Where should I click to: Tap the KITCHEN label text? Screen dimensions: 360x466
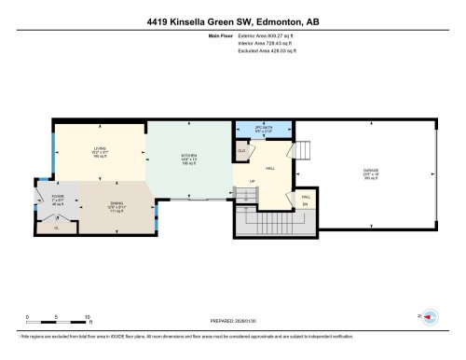click(188, 155)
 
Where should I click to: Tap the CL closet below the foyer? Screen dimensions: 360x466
click(56, 227)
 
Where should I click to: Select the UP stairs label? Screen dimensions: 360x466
click(251, 180)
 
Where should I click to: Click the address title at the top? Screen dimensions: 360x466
click(232, 20)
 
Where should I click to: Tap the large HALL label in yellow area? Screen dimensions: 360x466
click(269, 168)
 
